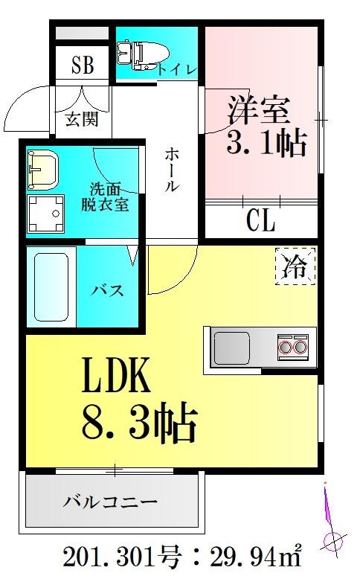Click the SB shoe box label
click(83, 65)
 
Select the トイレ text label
click(177, 69)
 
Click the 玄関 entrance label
click(81, 118)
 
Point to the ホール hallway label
click(170, 170)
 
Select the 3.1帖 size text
click(266, 142)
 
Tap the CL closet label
click(260, 220)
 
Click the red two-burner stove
click(292, 346)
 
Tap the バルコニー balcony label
click(110, 502)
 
